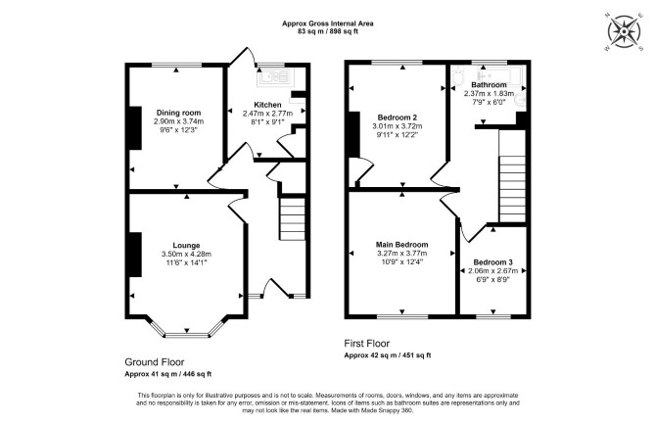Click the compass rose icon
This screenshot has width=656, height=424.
[x=624, y=31]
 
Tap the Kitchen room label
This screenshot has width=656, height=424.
[x=267, y=105]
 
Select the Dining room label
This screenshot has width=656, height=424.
[x=178, y=113]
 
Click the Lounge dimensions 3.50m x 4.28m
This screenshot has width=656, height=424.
[x=186, y=254]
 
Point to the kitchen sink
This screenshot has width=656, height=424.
[x=274, y=76]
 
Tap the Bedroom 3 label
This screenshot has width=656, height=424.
[x=492, y=262]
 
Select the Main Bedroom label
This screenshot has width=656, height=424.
[x=401, y=245]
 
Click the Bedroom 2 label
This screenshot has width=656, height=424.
[x=398, y=118]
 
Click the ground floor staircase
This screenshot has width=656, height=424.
[x=293, y=219]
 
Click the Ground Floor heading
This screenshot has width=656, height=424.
[x=155, y=362]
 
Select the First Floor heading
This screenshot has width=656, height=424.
[x=366, y=344]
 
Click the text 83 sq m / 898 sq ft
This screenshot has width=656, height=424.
[x=328, y=31]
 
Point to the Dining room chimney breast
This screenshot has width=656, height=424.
[x=135, y=128]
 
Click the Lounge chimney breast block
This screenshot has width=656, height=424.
[x=135, y=255]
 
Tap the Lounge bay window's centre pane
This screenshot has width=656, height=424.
[x=187, y=335]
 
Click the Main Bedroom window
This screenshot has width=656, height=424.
[x=402, y=316]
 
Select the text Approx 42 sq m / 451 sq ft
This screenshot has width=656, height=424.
[x=388, y=355]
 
